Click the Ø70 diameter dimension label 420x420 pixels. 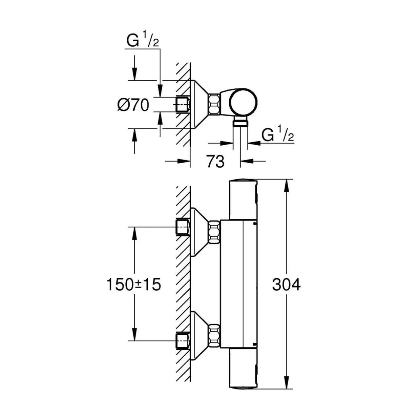[133, 105]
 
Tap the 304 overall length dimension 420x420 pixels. [286, 285]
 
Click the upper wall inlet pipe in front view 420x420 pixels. [182, 227]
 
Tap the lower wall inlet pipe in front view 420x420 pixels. [182, 340]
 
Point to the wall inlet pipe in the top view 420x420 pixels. [182, 104]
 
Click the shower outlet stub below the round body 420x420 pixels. [240, 122]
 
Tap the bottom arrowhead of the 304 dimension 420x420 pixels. [287, 386]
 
